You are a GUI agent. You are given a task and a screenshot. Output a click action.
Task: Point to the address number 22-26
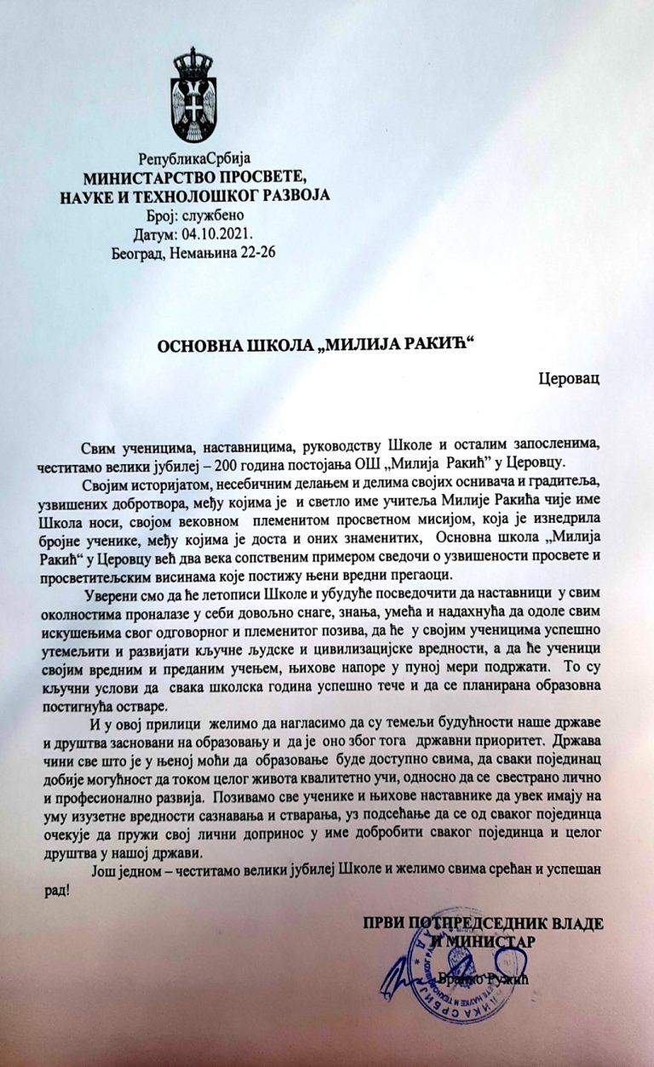pos(254,252)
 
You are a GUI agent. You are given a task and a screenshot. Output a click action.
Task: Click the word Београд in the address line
pos(138,252)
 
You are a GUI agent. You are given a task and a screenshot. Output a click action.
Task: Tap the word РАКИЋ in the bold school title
pos(438,342)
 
